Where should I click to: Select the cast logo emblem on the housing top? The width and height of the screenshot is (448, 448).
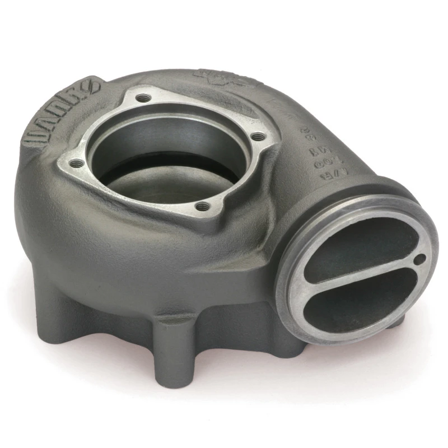coord(221,78)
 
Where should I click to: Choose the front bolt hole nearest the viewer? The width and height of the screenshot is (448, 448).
coord(204,207)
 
